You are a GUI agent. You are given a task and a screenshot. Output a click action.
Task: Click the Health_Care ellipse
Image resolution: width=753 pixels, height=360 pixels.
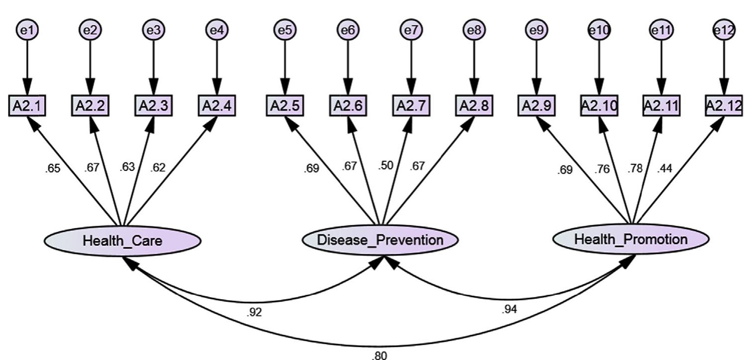point(123,241)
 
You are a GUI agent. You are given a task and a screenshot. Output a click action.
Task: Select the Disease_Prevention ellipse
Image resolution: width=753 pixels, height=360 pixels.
point(380,240)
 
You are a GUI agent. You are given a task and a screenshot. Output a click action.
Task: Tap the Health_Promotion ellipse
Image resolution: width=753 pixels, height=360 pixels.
point(631,239)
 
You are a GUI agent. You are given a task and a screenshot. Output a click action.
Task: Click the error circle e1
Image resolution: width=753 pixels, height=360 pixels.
point(27,30)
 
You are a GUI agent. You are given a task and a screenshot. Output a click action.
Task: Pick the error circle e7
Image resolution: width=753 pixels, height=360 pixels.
point(411,30)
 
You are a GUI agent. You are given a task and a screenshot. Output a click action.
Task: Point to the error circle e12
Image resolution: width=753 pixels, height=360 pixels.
point(724,30)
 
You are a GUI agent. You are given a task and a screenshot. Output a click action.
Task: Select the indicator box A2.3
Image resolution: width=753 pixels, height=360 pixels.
point(153,106)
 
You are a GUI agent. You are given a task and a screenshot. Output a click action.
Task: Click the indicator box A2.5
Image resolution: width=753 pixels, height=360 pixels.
point(285,106)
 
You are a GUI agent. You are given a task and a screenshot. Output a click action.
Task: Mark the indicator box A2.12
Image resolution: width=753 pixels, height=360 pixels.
point(724,106)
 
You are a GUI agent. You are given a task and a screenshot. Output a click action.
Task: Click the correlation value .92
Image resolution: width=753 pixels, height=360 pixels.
point(254,312)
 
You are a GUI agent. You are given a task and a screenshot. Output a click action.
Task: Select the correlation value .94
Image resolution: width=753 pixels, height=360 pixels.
point(509,309)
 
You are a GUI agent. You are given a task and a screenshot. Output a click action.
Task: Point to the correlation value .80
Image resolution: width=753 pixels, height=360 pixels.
point(378,355)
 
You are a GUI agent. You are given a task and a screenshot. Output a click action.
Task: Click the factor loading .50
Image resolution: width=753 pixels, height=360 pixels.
point(385,165)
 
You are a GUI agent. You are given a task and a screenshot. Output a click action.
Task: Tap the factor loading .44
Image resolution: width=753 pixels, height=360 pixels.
point(664,168)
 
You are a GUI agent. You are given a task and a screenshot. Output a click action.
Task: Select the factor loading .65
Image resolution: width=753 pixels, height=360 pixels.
point(52,168)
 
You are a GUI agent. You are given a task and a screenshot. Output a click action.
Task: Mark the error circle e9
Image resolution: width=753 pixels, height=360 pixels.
point(536,30)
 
